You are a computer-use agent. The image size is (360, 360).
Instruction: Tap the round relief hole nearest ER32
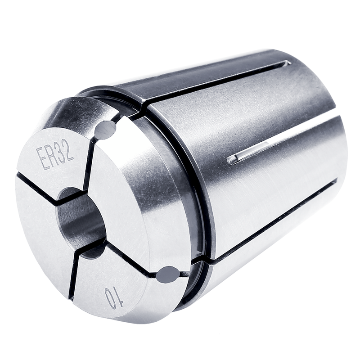[x=105, y=130]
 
